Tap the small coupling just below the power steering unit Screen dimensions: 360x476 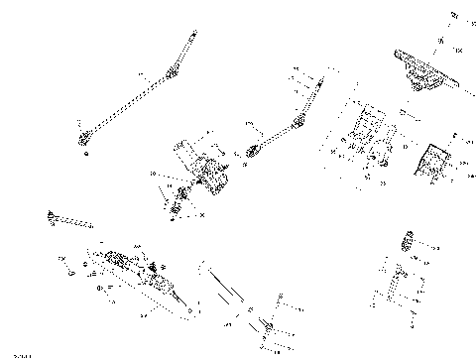181,204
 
